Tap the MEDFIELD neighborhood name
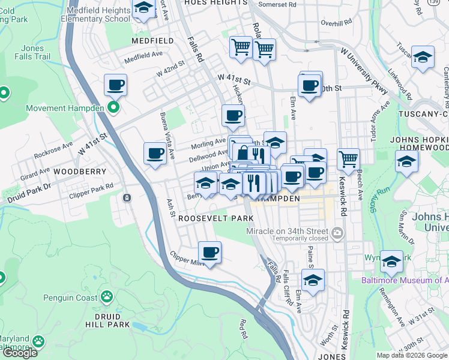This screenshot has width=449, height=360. (153, 41)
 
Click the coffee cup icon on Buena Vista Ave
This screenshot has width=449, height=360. (155, 154)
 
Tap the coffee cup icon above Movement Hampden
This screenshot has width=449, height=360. (115, 85)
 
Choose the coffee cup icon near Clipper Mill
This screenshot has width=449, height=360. (209, 252)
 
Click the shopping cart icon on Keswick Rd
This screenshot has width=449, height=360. (348, 159)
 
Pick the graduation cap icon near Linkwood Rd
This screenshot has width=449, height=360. (423, 57)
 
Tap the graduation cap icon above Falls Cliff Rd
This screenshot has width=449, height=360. (313, 279)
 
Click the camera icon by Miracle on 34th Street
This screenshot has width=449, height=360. (337, 232)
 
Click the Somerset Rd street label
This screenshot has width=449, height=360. (277, 4)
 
